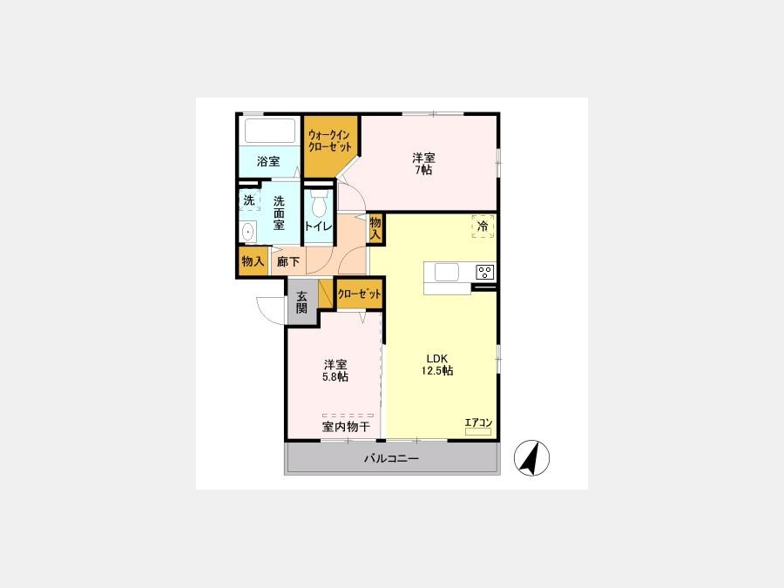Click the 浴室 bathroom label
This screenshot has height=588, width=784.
pos(268,161)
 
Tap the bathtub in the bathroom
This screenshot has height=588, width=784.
pos(270,131)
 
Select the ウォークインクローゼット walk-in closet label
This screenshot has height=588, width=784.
pos(329,140)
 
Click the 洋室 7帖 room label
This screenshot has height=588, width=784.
pos(423,164)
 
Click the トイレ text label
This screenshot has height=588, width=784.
pos(319,226)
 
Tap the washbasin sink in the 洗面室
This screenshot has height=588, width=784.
pos(247,232)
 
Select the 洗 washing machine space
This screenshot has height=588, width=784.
pos(249,200)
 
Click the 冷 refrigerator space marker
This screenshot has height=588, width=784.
pos(483,226)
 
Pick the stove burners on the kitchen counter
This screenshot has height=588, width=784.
pos(485,272)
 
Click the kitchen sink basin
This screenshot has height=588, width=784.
pos(447,273)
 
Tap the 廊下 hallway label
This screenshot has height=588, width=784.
pos(288,261)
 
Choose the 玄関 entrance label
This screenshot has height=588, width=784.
pos(301,301)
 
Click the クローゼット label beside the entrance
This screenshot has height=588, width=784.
pos(359,294)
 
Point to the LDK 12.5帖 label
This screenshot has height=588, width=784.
pos(437,364)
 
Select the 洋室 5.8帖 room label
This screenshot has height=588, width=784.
pos(335,370)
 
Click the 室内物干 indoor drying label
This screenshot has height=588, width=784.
pos(346,427)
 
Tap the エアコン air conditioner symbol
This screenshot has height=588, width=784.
pos(478,427)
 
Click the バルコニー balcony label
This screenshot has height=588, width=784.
pos(391,458)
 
